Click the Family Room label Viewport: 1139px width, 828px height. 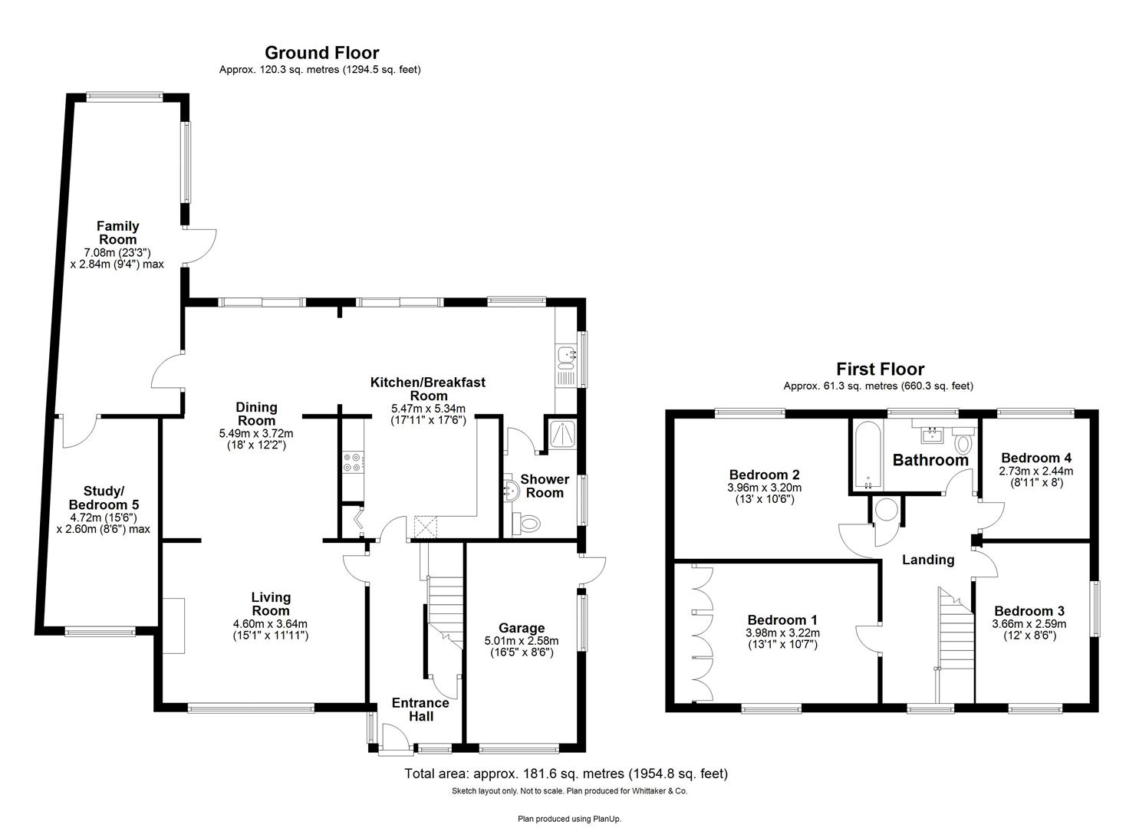(117, 232)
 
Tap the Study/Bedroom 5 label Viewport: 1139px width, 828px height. (104, 498)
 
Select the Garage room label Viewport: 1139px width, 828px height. (521, 628)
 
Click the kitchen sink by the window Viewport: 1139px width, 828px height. (567, 354)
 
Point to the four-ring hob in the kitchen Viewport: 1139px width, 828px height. (353, 462)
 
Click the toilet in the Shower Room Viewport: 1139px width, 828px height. (527, 524)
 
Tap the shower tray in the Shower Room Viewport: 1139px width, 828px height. (561, 435)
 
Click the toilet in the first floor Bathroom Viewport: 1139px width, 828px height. (963, 444)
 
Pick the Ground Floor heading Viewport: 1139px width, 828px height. (321, 53)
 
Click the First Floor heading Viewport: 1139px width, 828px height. (880, 370)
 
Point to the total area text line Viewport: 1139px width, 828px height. (565, 774)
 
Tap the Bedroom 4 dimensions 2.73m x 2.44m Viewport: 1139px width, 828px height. (1035, 471)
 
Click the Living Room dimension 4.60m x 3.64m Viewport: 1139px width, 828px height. (270, 623)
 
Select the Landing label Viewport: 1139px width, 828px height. (927, 560)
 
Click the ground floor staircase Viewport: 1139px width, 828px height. (443, 606)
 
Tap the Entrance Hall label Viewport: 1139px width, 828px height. (420, 709)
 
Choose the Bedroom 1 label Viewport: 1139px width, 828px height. (782, 619)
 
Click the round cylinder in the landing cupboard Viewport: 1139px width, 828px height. (887, 511)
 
